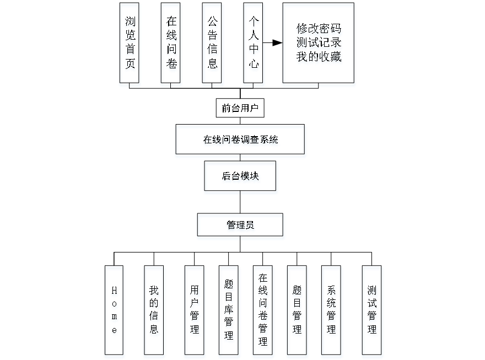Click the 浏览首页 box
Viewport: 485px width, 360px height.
pos(130,45)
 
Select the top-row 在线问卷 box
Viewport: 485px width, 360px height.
pos(171,45)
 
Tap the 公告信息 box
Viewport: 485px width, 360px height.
pos(213,45)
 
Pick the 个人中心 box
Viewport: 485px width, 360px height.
pos(254,45)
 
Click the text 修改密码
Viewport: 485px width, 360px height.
pos(319,30)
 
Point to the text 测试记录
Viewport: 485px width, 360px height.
pos(319,43)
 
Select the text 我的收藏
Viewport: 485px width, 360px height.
pos(319,57)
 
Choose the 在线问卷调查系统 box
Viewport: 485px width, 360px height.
pos(240,141)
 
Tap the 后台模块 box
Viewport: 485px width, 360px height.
pos(241,178)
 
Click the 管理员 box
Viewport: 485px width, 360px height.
pos(241,227)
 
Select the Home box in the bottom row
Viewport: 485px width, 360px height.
pos(114,311)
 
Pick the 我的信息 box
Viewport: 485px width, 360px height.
pos(154,311)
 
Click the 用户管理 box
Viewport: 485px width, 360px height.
pos(194,311)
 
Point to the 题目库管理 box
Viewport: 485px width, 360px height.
pos(229,311)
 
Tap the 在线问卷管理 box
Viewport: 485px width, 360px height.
pos(263,311)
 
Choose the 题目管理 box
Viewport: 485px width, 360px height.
pos(297,311)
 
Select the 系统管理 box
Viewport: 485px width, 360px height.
pos(332,311)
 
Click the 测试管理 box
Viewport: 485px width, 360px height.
pos(373,311)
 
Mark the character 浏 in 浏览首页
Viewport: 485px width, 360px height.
pos(130,23)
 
